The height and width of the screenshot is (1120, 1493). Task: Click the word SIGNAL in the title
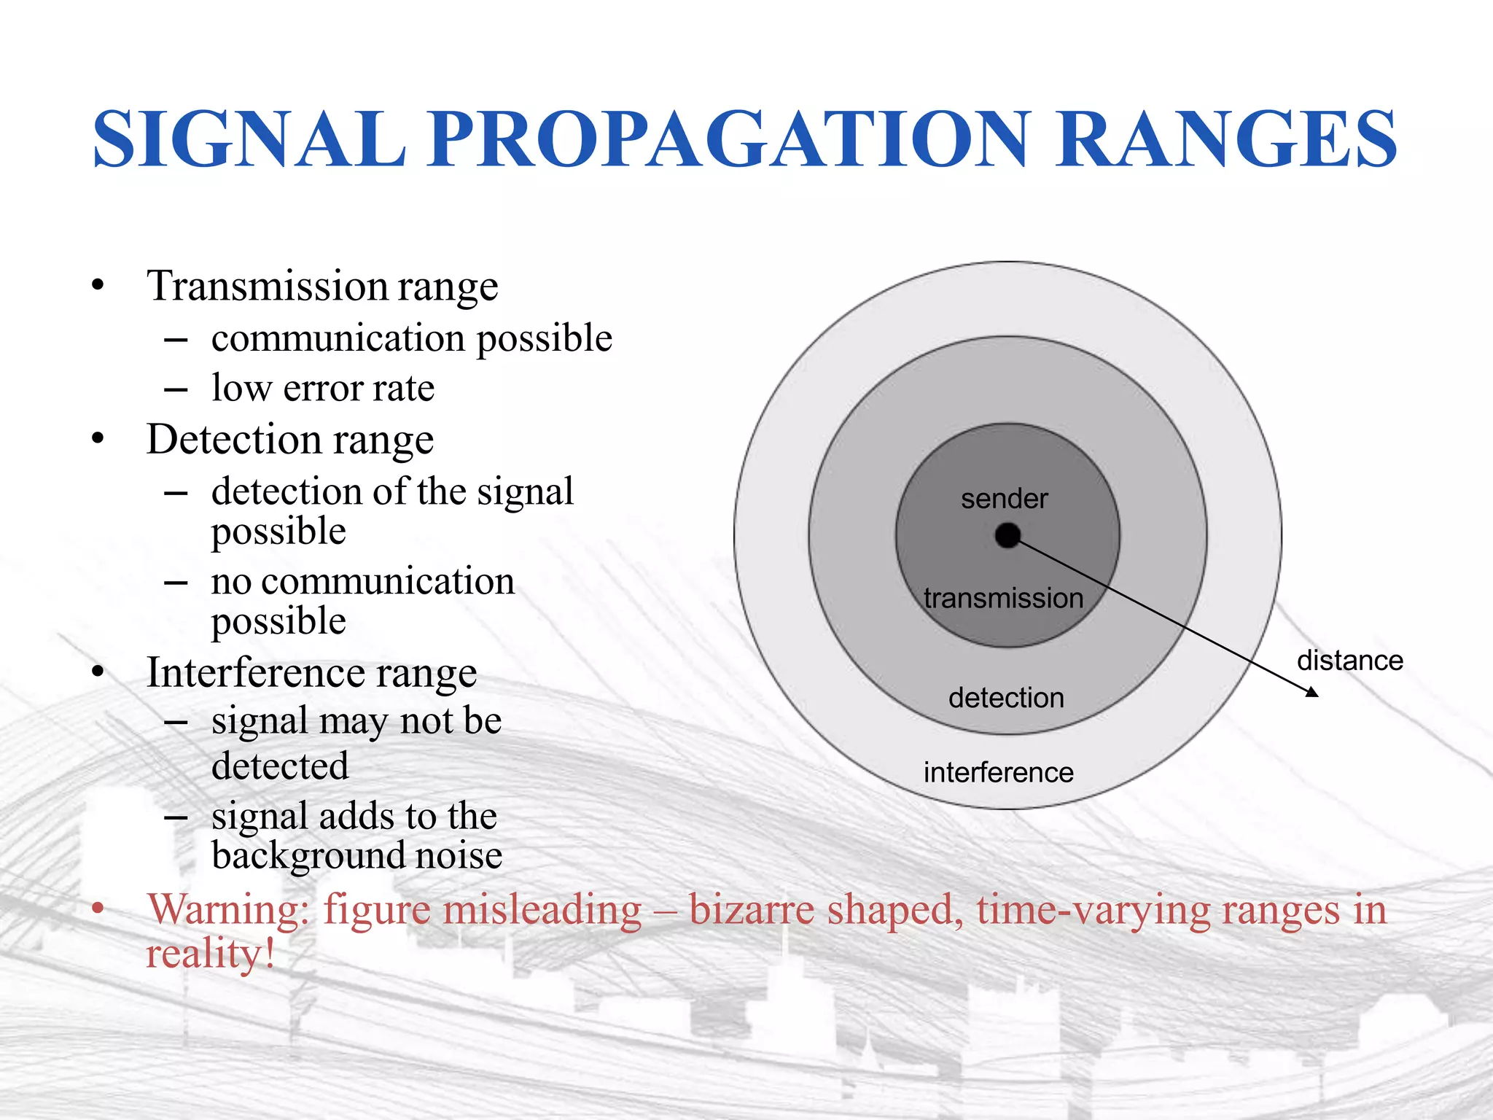[x=249, y=139]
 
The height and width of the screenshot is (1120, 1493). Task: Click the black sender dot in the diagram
[x=1007, y=536]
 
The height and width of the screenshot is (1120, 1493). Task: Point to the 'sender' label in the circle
[x=1004, y=499]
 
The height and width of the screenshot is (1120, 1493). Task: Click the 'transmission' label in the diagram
[x=1004, y=599]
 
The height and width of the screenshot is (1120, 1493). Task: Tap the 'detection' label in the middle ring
[x=1006, y=699]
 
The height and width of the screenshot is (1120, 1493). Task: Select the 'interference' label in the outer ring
[x=998, y=773]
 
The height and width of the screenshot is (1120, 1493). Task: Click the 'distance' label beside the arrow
[x=1349, y=661]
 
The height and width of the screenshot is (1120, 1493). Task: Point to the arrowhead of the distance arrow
[x=1311, y=692]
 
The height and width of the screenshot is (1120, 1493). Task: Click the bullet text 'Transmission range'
[x=322, y=286]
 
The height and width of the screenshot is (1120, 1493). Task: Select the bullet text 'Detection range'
[x=290, y=440]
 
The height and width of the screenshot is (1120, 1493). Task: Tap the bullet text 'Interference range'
[x=311, y=672]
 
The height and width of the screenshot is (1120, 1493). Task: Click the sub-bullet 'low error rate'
[x=323, y=388]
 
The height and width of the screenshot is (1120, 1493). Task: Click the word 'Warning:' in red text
[x=228, y=910]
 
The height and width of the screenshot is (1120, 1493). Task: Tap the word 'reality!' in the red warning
[x=210, y=954]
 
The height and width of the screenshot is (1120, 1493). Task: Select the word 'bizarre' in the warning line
[x=752, y=910]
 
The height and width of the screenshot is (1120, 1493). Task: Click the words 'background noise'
[x=356, y=855]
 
